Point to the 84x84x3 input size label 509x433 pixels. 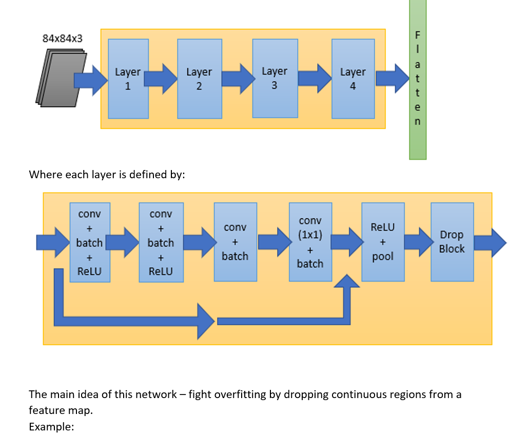click(x=62, y=39)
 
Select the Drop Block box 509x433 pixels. click(x=452, y=242)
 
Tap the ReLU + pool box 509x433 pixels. click(x=383, y=242)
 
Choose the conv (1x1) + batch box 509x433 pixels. click(x=310, y=242)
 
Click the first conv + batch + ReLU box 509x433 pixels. click(x=89, y=242)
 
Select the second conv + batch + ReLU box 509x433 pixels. click(x=161, y=242)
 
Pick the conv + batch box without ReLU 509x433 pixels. click(x=235, y=242)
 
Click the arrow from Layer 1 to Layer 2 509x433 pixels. click(x=160, y=79)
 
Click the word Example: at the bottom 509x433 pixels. click(x=52, y=426)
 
